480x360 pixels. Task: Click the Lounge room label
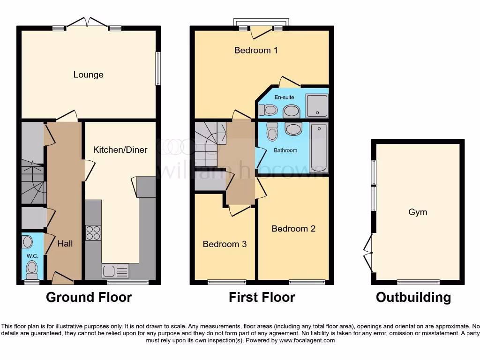[88, 75]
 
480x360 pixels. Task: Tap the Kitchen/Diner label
[120, 150]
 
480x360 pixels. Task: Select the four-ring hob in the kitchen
[93, 233]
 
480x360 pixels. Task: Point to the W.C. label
[32, 256]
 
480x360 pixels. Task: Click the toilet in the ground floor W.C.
[32, 269]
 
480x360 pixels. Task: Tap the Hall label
[65, 244]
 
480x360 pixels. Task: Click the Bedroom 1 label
[256, 50]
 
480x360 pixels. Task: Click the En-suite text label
[284, 97]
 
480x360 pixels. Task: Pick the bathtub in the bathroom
[319, 149]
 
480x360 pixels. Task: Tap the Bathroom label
[285, 150]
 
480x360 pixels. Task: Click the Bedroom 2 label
[293, 229]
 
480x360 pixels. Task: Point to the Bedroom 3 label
[225, 244]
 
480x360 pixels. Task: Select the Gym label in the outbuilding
[417, 212]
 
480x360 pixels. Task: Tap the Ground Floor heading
[89, 297]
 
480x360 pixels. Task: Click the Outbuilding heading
[413, 297]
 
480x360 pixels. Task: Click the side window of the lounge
[158, 68]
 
